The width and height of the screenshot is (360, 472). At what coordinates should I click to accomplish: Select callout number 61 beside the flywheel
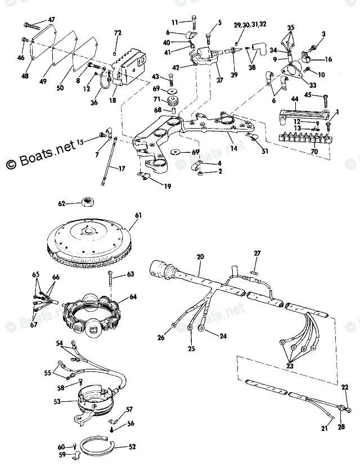pos(139,215)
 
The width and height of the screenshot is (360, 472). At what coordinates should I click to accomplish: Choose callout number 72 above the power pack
pos(118,34)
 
